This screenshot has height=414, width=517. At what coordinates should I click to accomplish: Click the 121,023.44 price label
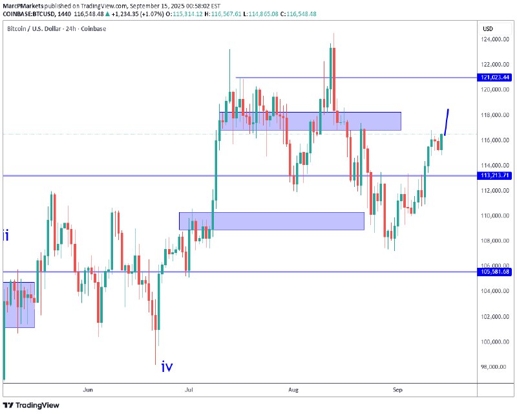point(496,78)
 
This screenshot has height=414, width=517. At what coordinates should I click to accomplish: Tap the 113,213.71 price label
point(496,175)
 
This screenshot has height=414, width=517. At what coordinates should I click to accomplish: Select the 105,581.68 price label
point(496,272)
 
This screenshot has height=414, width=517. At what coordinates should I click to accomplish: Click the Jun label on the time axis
point(89,389)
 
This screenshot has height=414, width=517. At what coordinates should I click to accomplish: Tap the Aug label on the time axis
point(293,389)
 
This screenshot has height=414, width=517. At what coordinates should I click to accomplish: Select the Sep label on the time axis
point(397,389)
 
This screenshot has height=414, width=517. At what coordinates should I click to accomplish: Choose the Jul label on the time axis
point(189,389)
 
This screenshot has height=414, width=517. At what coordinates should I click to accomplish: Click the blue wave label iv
point(167,367)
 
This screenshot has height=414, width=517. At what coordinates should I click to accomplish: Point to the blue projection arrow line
point(446,122)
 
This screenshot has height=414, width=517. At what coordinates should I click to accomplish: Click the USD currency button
point(488,29)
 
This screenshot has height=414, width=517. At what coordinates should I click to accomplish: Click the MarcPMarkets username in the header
point(23,4)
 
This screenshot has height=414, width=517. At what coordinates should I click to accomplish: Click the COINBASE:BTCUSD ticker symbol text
point(29,13)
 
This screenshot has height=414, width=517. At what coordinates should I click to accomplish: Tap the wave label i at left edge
point(6,235)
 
